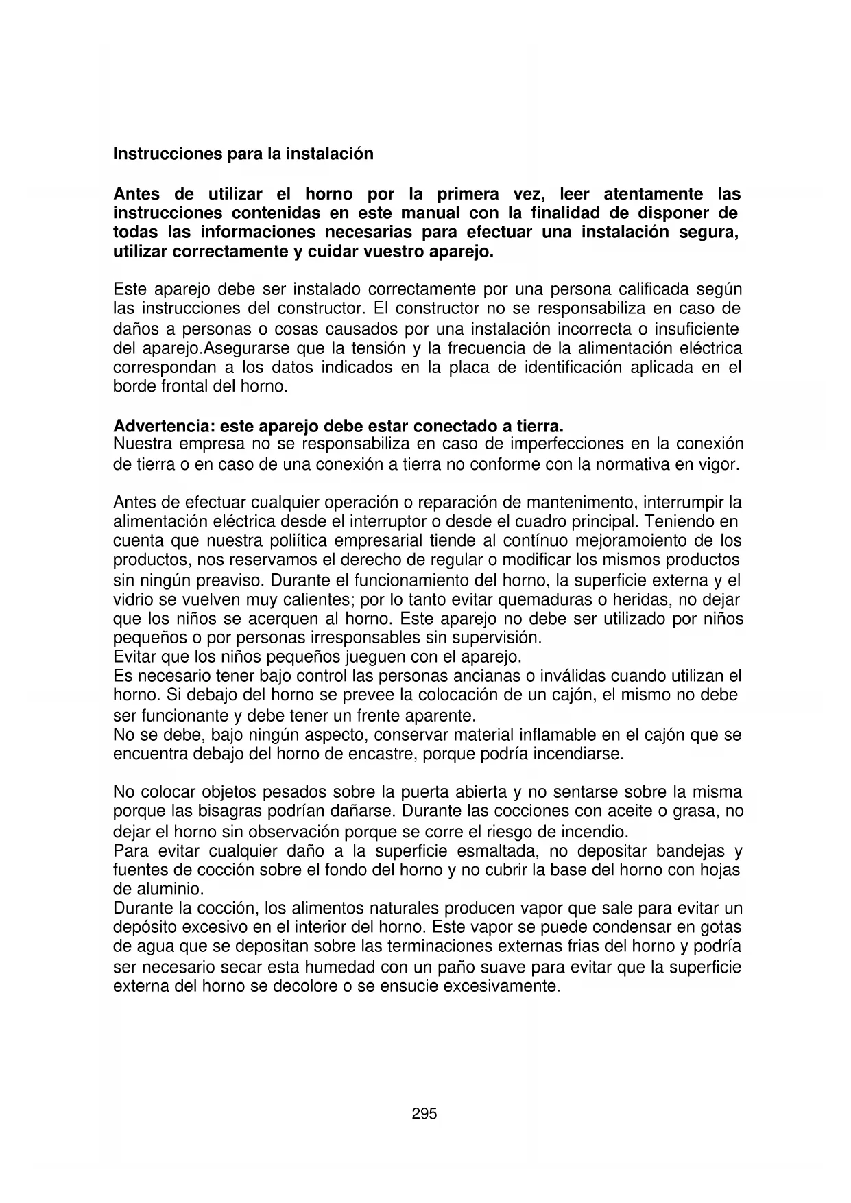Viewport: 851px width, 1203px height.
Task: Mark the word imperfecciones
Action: [573, 444]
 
